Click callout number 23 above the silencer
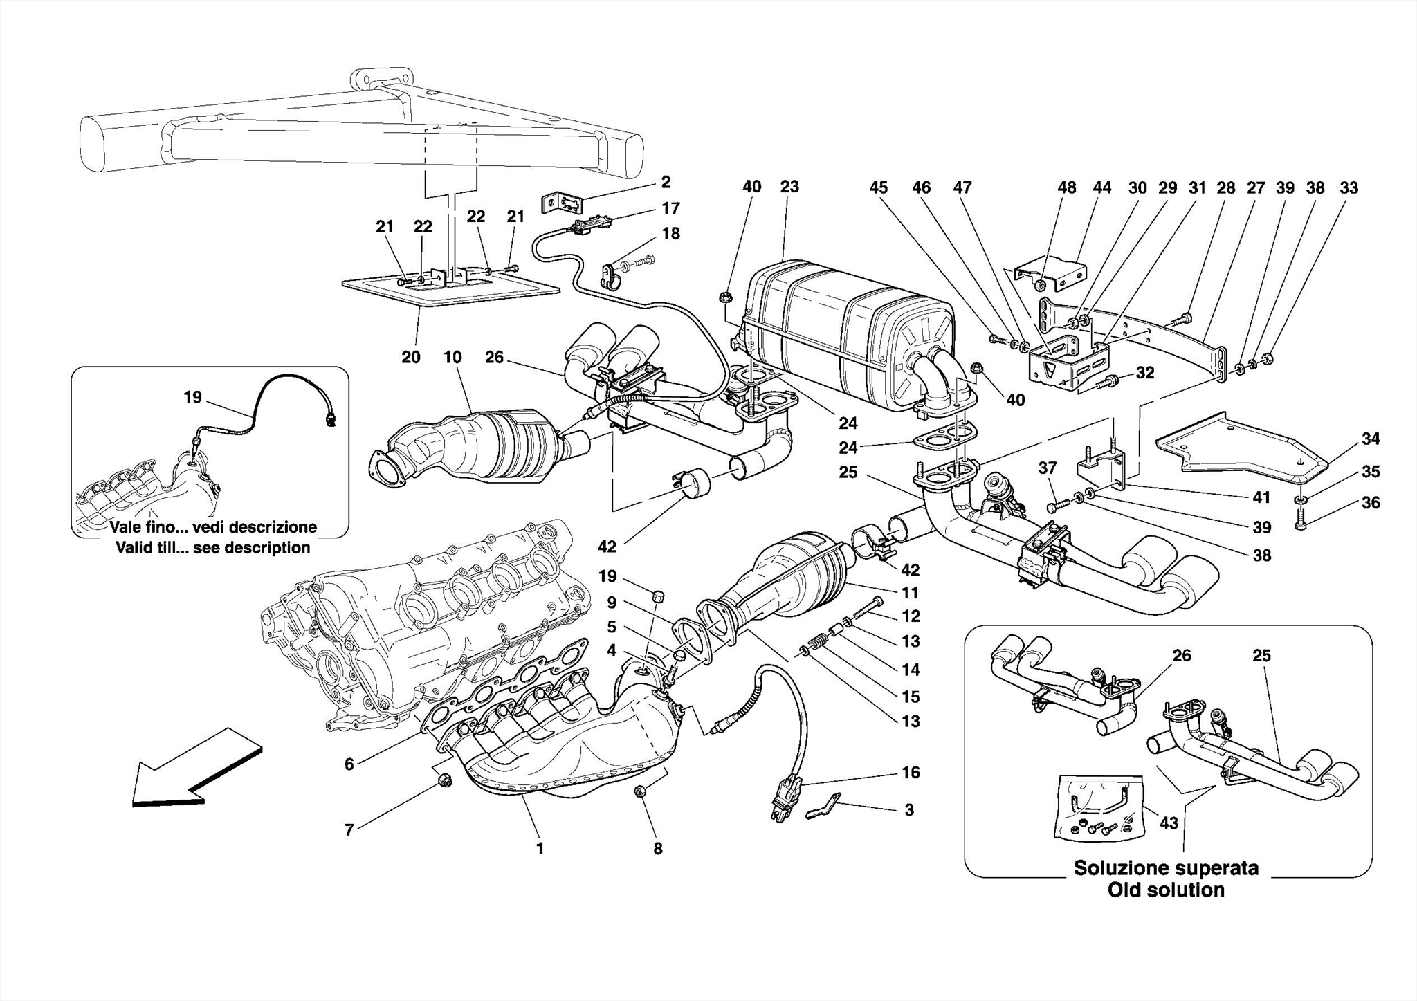pyautogui.click(x=789, y=187)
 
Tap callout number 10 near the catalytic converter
pyautogui.click(x=452, y=358)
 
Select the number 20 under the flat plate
pyautogui.click(x=411, y=358)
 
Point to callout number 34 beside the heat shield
pyautogui.click(x=1371, y=439)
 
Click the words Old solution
pyautogui.click(x=1166, y=890)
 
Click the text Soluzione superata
pyautogui.click(x=1166, y=868)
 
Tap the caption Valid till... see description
pyautogui.click(x=213, y=548)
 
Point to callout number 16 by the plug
pyautogui.click(x=911, y=772)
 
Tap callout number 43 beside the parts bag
pyautogui.click(x=1168, y=823)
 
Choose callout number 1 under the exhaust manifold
pyautogui.click(x=540, y=848)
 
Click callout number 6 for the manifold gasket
pyautogui.click(x=349, y=764)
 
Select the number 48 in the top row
pyautogui.click(x=1066, y=187)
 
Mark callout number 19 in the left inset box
pyautogui.click(x=192, y=397)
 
